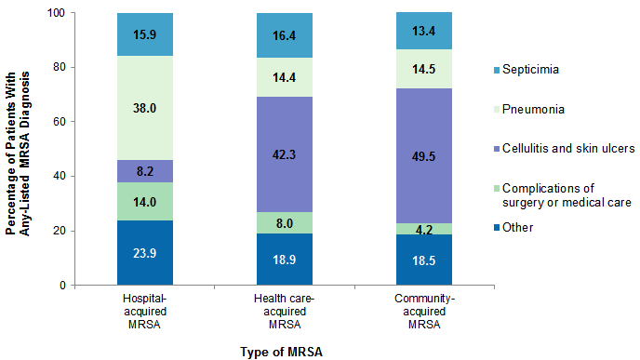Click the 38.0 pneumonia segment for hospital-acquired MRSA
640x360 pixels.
click(x=146, y=107)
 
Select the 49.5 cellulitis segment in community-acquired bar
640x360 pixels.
click(x=424, y=155)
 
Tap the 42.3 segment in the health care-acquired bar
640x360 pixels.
click(x=286, y=153)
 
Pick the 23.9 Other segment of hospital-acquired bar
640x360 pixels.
click(x=146, y=252)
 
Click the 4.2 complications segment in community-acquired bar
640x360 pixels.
click(x=424, y=229)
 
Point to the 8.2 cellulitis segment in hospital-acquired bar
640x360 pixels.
click(x=146, y=171)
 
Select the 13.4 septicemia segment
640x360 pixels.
click(x=424, y=31)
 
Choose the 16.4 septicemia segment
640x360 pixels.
click(x=286, y=35)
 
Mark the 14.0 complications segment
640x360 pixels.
click(x=146, y=201)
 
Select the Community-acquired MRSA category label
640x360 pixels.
click(x=424, y=311)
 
